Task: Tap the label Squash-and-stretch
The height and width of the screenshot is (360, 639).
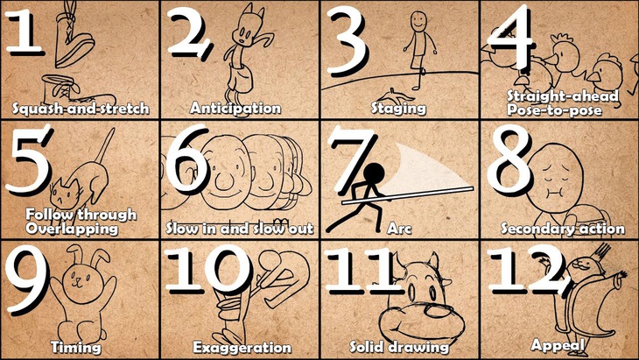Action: pos(80,109)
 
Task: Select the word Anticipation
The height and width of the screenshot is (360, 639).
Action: pos(235,109)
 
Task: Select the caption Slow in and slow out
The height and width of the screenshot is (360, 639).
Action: pos(239,229)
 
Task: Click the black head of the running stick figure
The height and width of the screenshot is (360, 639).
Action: pos(376,171)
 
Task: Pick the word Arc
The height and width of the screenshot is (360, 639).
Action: pos(399,229)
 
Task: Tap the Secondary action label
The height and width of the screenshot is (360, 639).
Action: pos(562,229)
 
